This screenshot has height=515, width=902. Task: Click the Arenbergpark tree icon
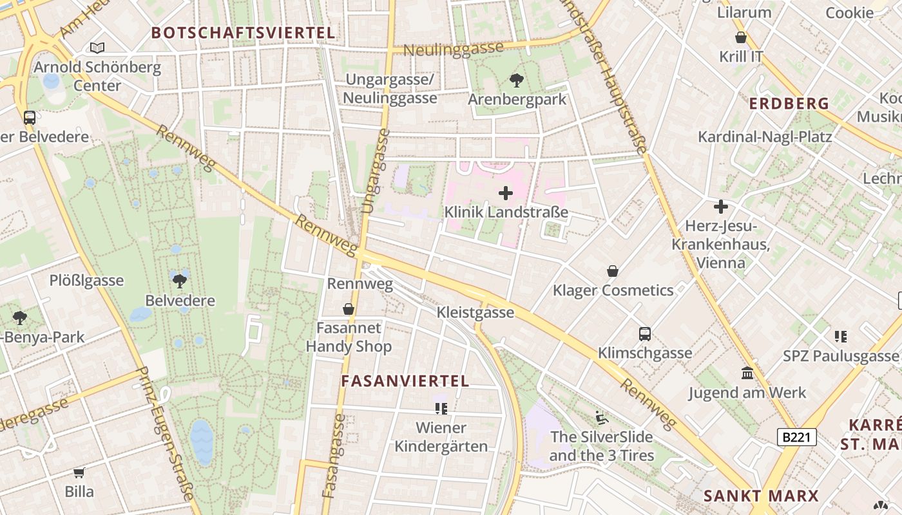516,80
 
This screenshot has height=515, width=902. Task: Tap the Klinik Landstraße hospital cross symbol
506,192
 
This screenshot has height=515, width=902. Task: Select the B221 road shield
796,438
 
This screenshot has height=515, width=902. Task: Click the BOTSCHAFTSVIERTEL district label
244,33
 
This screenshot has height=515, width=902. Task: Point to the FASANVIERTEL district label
405,380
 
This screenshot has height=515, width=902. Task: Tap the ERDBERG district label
789,103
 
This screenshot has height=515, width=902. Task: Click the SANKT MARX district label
761,496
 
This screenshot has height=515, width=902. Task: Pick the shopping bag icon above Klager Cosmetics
613,271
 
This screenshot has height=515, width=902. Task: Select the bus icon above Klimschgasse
645,333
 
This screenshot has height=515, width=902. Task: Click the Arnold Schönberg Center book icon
97,48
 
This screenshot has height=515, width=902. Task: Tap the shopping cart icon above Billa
79,473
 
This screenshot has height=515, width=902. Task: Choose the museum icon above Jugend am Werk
747,373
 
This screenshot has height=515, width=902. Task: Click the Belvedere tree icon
180,281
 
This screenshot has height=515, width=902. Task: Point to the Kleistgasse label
475,312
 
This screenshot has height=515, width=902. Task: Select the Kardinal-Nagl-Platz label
765,136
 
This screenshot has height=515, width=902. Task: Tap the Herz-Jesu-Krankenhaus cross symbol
721,207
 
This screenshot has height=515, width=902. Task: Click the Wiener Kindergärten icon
441,408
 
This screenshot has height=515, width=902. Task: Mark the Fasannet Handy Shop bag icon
349,309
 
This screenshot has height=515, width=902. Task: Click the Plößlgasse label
86,281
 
